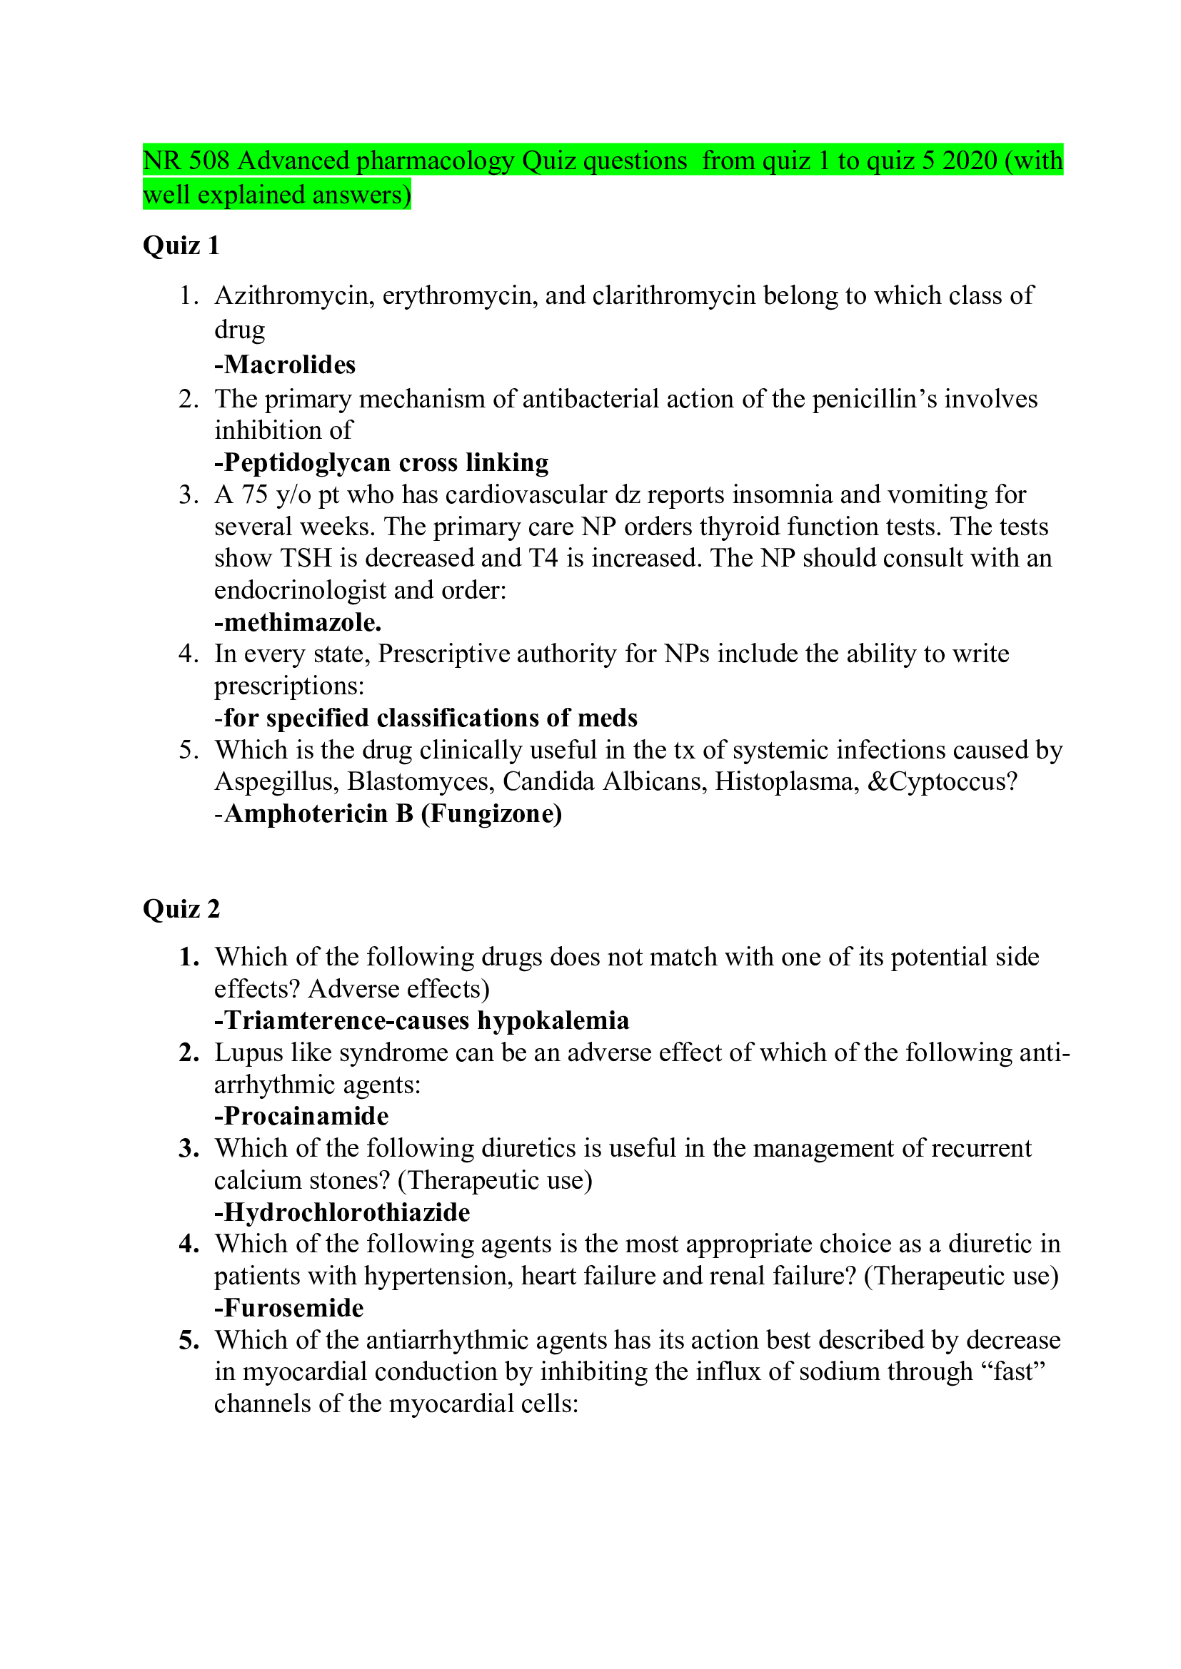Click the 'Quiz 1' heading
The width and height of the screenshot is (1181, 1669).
click(x=181, y=245)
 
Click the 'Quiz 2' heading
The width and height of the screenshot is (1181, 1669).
click(x=181, y=908)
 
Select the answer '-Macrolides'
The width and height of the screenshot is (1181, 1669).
click(x=284, y=364)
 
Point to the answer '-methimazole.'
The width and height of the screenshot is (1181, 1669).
click(x=298, y=622)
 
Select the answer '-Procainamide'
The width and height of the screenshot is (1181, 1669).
click(x=301, y=1116)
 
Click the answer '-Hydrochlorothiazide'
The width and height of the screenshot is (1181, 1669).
click(x=342, y=1212)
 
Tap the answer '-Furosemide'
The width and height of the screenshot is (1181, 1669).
click(x=288, y=1308)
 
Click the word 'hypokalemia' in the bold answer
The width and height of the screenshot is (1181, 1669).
click(x=553, y=1020)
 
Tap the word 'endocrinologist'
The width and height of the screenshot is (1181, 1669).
click(x=300, y=589)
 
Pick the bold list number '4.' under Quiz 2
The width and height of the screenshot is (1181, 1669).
click(x=189, y=1244)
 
